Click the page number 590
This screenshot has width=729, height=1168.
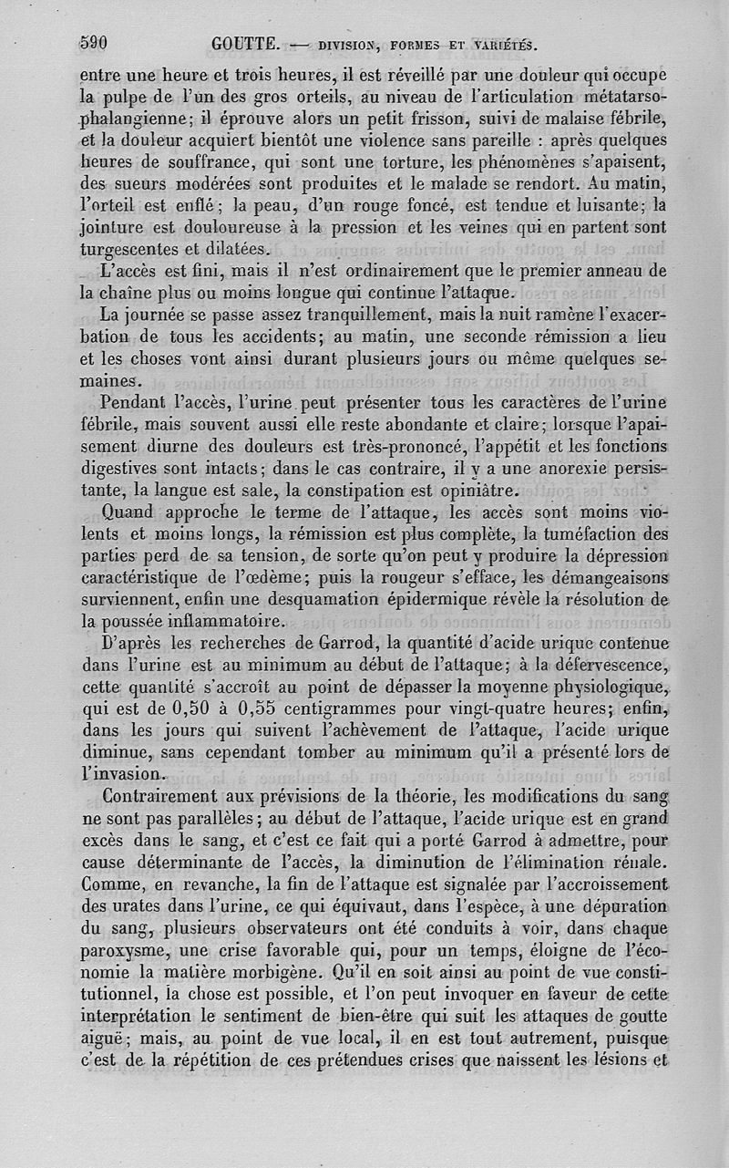pyautogui.click(x=94, y=42)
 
